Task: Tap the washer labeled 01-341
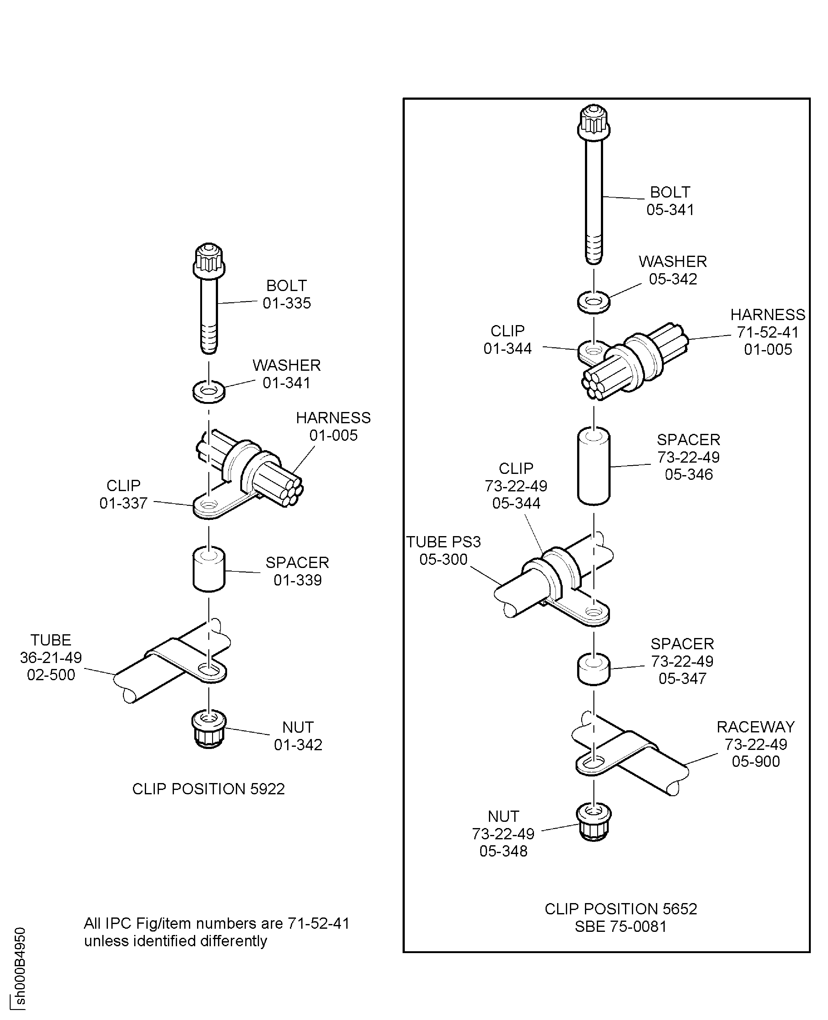tap(208, 391)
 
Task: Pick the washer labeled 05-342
tap(594, 302)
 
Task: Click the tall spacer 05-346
tap(594, 466)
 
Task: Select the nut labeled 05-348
tap(594, 822)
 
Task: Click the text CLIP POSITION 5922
tap(208, 789)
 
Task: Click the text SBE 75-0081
tap(621, 926)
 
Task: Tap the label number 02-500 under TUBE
tap(51, 675)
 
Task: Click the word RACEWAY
tap(755, 727)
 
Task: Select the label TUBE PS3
tap(443, 542)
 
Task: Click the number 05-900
tap(755, 761)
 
